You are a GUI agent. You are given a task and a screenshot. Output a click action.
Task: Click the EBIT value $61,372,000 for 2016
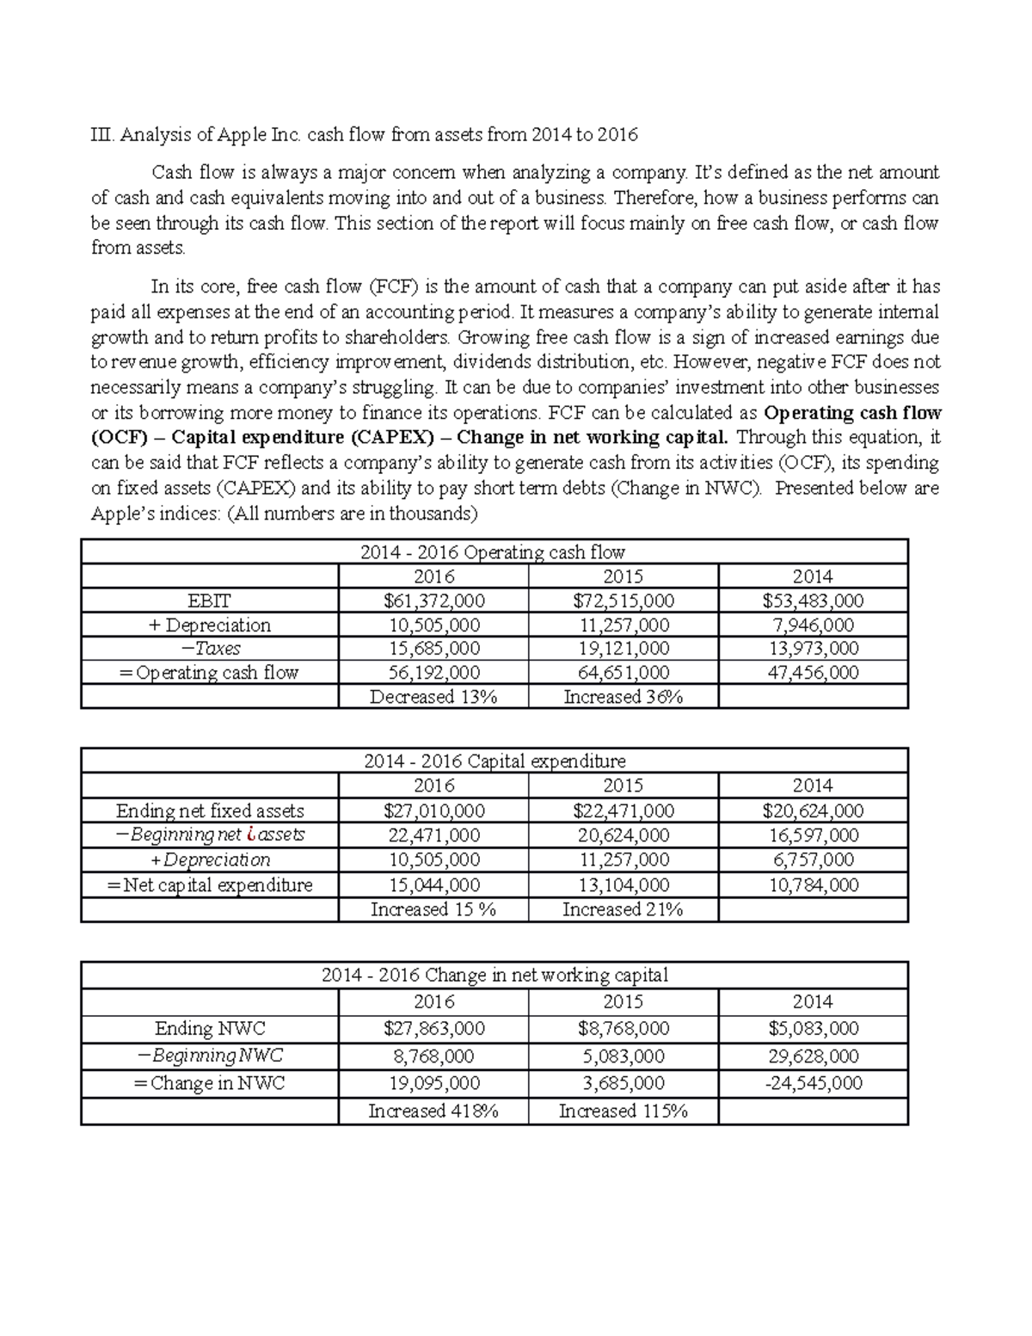click(433, 600)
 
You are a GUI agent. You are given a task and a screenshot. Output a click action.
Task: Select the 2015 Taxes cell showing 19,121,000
click(623, 649)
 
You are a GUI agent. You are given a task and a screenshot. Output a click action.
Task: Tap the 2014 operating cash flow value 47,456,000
click(813, 673)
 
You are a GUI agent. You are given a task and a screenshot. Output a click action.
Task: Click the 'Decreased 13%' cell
click(433, 697)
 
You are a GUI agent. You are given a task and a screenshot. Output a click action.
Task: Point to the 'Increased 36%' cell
click(623, 697)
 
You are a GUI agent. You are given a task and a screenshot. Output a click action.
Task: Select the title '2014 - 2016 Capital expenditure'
click(494, 760)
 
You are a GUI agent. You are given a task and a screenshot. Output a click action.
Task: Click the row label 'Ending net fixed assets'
click(210, 810)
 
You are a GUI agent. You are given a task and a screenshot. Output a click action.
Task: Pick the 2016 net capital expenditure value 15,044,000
click(433, 885)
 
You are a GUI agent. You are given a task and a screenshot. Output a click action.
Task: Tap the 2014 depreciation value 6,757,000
click(813, 860)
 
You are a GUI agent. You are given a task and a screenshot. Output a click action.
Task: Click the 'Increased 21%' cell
click(623, 909)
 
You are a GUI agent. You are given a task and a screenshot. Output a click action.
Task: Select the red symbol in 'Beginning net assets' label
click(249, 834)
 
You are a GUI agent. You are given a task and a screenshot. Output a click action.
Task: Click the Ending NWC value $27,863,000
click(433, 1028)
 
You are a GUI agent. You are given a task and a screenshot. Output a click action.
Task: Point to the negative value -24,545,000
click(813, 1083)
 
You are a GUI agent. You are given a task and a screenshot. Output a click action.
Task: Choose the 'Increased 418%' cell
click(433, 1111)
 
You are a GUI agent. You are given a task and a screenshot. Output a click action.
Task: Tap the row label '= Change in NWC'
click(210, 1083)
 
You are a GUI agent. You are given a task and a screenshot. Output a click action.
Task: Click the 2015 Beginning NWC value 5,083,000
click(623, 1056)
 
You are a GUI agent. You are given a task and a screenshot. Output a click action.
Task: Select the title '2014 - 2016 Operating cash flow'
click(494, 552)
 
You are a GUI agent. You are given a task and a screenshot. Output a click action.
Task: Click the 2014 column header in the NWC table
click(813, 1001)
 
